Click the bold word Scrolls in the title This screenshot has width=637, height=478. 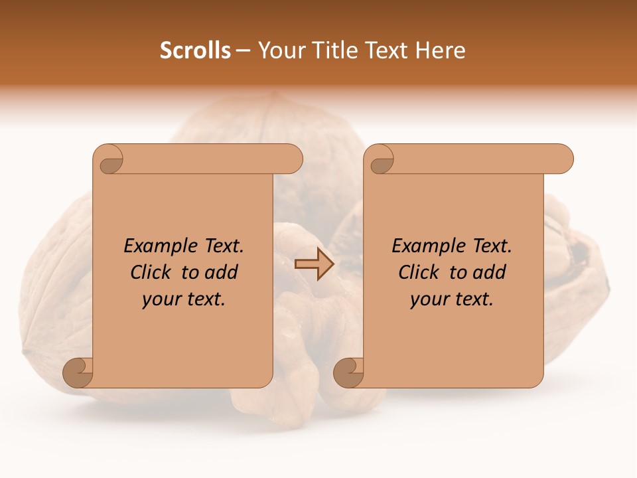pyautogui.click(x=195, y=50)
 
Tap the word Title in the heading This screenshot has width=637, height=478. pyautogui.click(x=332, y=50)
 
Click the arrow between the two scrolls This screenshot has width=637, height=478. pyautogui.click(x=314, y=264)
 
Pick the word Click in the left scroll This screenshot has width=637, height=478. pyautogui.click(x=153, y=273)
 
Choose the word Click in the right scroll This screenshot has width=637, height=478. pyautogui.click(x=421, y=273)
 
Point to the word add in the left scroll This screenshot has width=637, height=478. pyautogui.click(x=221, y=273)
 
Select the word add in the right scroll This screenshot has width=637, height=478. pyautogui.click(x=489, y=273)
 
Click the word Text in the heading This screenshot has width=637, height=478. pyautogui.click(x=386, y=50)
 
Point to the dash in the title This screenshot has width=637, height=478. pyautogui.click(x=244, y=51)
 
